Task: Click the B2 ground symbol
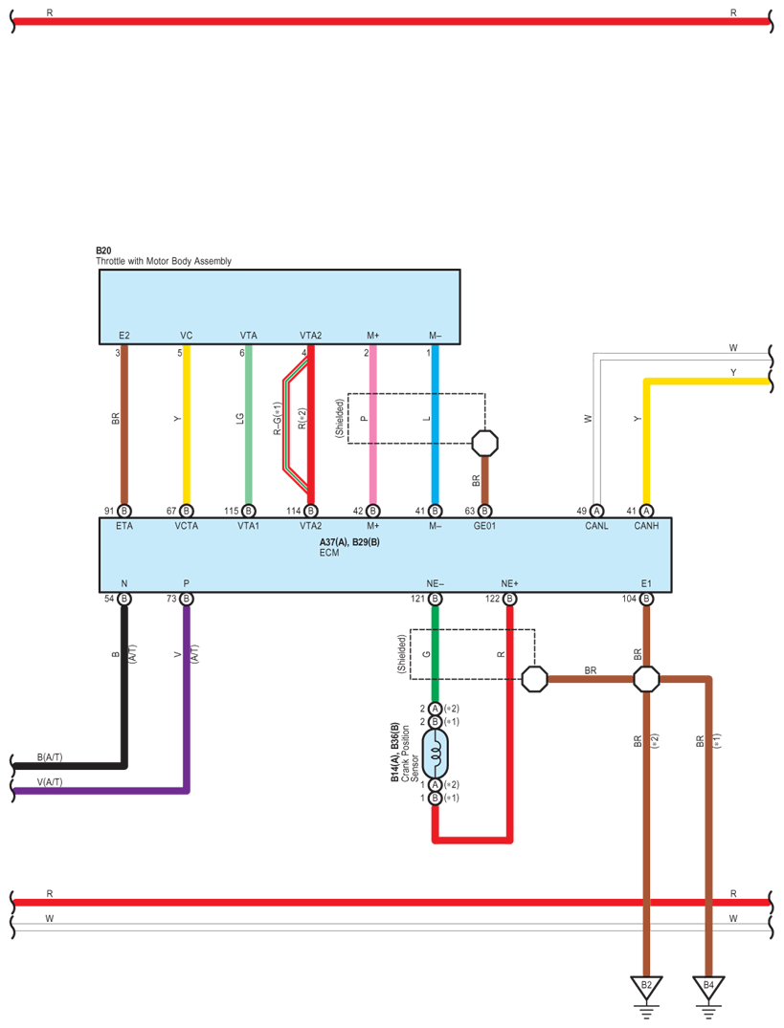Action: click(646, 986)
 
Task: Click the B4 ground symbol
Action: click(708, 986)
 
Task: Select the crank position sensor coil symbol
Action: click(435, 755)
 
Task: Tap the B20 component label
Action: click(103, 250)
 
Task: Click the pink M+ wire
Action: click(372, 430)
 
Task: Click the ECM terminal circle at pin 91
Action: click(123, 511)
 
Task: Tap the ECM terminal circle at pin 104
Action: click(646, 599)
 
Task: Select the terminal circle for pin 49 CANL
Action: click(596, 511)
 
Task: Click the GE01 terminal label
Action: click(484, 526)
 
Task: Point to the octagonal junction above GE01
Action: click(485, 442)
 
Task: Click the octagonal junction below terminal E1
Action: click(646, 679)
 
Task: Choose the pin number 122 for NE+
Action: click(492, 599)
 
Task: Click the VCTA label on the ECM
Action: click(186, 526)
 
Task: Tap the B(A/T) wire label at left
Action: click(50, 757)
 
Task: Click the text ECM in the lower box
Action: click(328, 553)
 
